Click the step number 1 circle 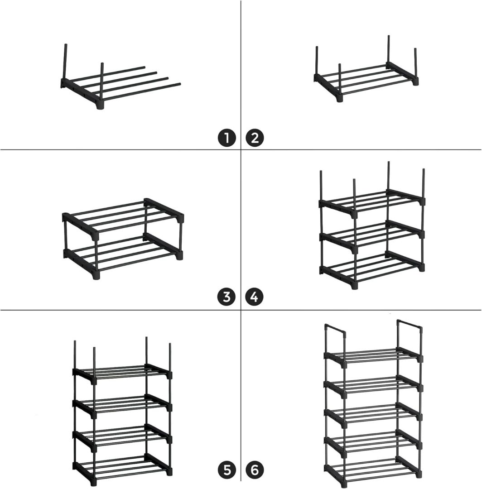227,138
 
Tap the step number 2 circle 255,138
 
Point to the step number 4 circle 255,297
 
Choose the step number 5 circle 227,470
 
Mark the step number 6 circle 255,470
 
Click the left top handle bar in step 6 335,329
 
